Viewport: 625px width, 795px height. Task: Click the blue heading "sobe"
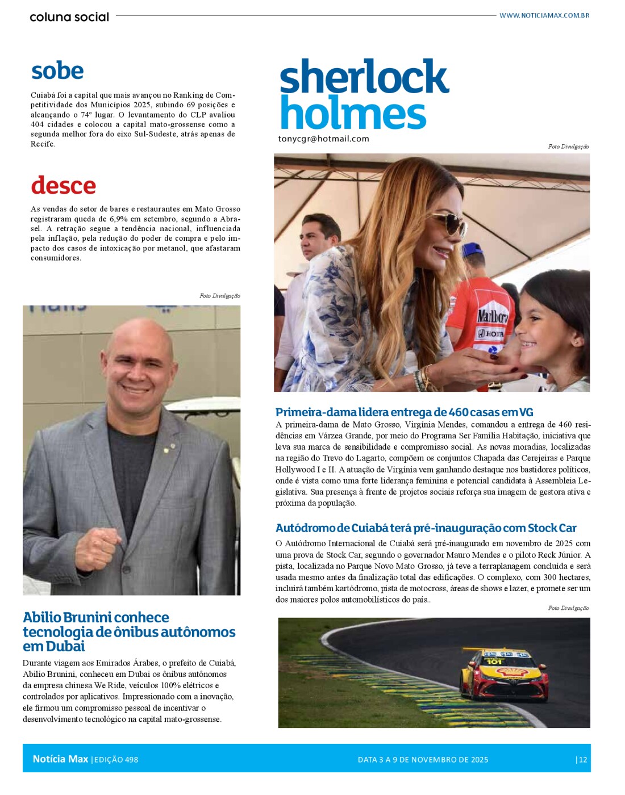pyautogui.click(x=57, y=71)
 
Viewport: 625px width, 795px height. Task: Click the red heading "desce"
pyautogui.click(x=63, y=186)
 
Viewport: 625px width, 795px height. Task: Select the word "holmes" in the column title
pyautogui.click(x=353, y=113)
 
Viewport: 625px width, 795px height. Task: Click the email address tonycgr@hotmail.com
pyautogui.click(x=323, y=139)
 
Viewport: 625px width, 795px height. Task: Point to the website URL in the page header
pyautogui.click(x=544, y=15)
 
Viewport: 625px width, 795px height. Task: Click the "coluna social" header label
pyautogui.click(x=69, y=17)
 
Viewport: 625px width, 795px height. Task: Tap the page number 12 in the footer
pyautogui.click(x=582, y=759)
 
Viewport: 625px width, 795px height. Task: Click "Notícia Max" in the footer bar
pyautogui.click(x=60, y=759)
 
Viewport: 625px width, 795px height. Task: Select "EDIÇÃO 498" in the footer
pyautogui.click(x=115, y=759)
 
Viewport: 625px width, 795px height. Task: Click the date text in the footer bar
pyautogui.click(x=423, y=759)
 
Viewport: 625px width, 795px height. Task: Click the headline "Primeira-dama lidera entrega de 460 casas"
pyautogui.click(x=404, y=412)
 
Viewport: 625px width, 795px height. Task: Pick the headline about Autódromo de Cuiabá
pyautogui.click(x=426, y=528)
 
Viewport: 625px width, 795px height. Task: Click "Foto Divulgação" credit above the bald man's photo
pyautogui.click(x=219, y=296)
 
